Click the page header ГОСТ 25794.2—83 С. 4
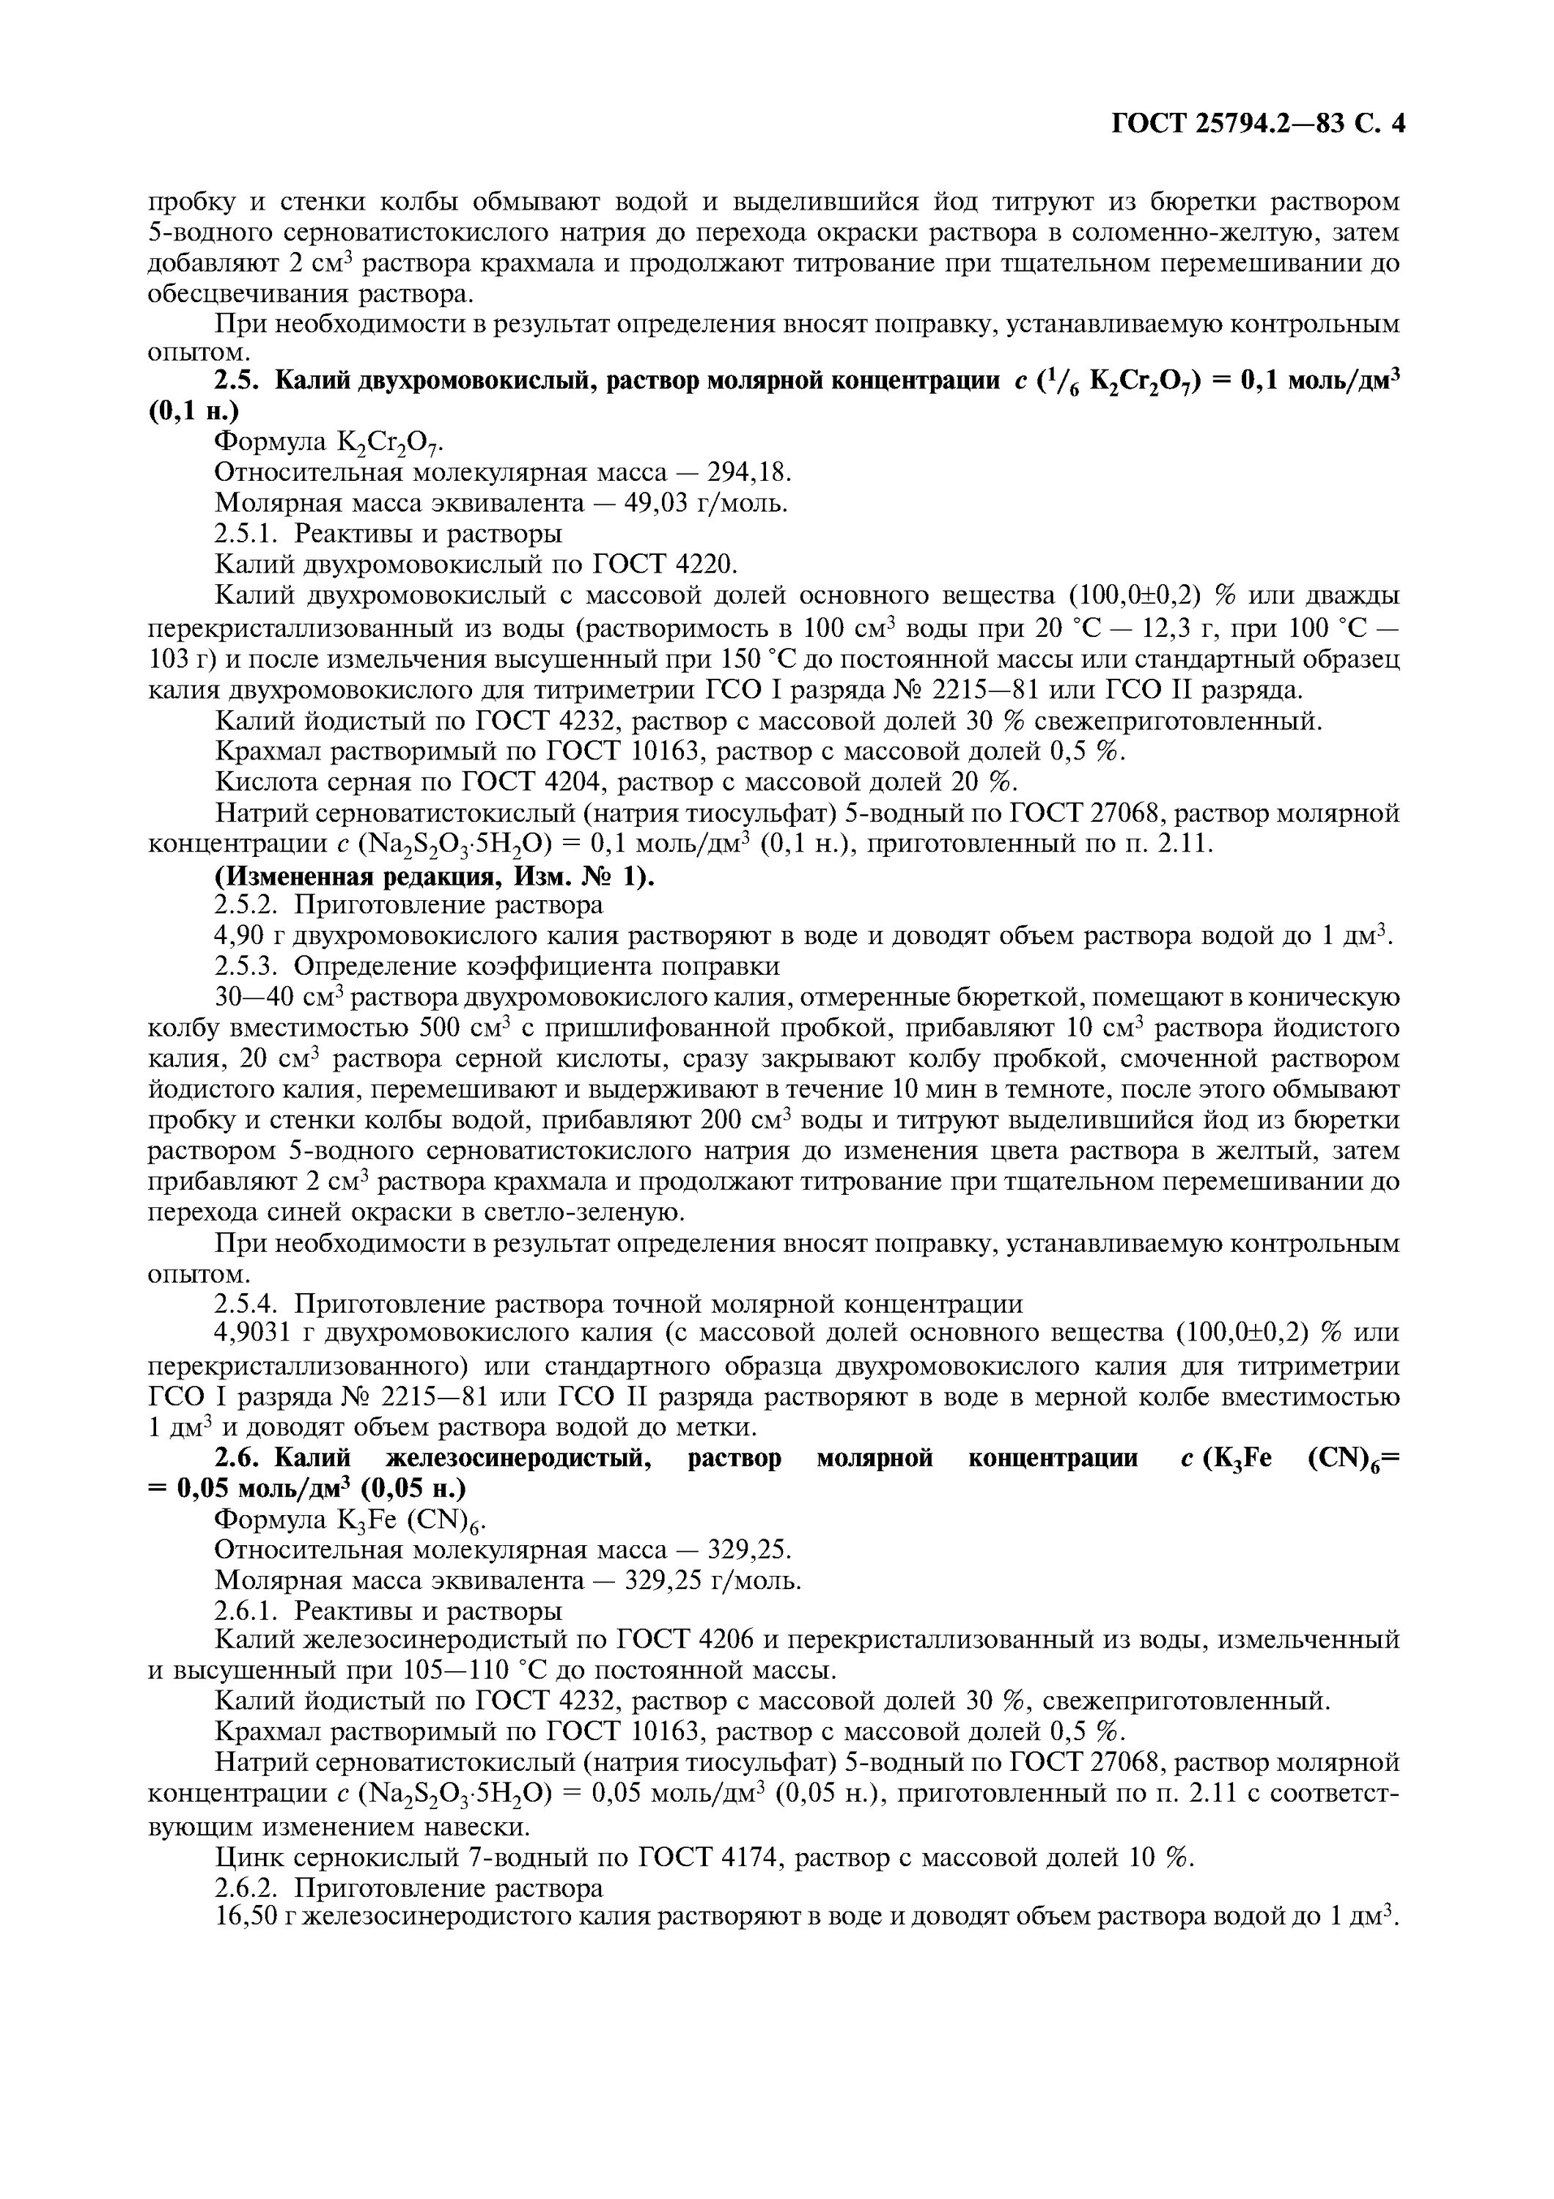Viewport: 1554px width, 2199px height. [1257, 125]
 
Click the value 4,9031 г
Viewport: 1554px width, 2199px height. [260, 1333]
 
